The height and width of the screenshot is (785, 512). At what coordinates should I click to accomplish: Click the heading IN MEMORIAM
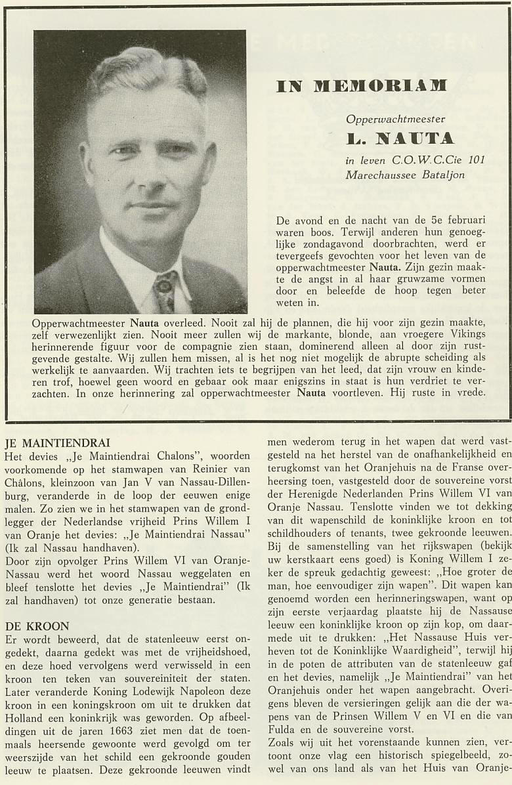click(361, 86)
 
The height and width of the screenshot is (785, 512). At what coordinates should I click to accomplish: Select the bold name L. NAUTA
click(400, 139)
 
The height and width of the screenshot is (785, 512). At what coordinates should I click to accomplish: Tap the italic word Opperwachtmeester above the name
click(396, 119)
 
